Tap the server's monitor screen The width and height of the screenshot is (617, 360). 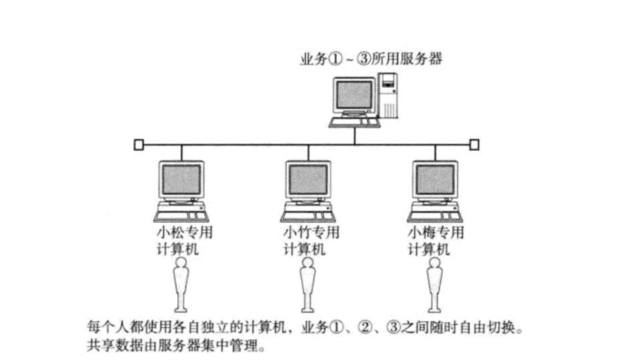354,95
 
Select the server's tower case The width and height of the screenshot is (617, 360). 389,96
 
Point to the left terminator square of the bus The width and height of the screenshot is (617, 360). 139,144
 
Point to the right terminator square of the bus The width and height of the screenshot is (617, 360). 474,144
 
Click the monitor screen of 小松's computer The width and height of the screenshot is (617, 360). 181,179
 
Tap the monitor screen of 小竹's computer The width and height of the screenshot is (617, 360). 308,179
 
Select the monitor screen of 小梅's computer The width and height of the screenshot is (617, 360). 435,179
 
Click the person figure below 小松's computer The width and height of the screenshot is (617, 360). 181,285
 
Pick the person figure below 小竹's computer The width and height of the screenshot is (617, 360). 308,285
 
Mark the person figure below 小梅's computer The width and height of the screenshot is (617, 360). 434,285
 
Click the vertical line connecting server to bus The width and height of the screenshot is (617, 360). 355,136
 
